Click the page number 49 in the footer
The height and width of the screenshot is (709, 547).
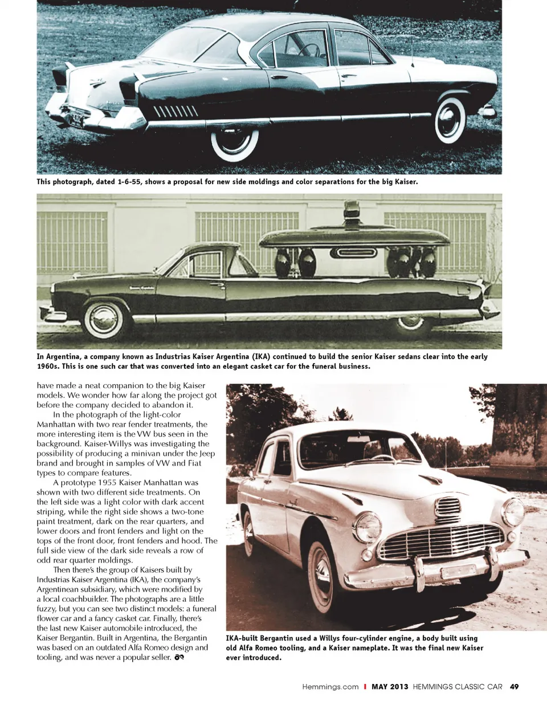tap(514, 687)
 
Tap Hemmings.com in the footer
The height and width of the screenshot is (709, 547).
tap(330, 687)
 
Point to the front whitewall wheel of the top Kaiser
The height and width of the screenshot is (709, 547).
tap(450, 120)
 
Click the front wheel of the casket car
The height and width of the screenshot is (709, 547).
tap(104, 319)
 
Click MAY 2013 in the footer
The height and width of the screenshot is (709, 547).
tap(390, 687)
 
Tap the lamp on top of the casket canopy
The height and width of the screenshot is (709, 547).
tap(352, 211)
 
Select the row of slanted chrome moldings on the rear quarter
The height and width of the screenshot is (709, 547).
tap(175, 111)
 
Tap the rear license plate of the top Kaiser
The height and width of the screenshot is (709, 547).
tap(75, 120)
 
